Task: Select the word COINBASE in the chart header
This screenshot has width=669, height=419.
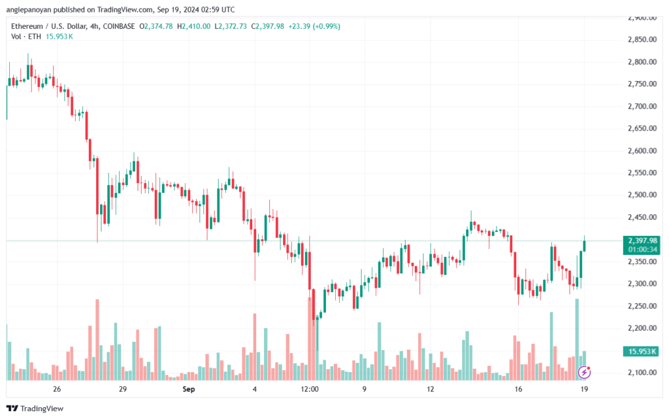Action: pyautogui.click(x=119, y=26)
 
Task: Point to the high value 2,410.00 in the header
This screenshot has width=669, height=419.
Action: pyautogui.click(x=197, y=26)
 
